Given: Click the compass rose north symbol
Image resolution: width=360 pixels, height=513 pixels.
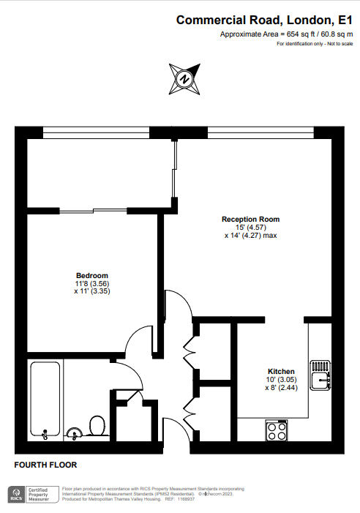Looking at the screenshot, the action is click(184, 79).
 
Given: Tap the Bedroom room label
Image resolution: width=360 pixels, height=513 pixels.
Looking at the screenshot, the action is click(92, 275).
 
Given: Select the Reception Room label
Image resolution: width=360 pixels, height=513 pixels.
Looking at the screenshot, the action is click(250, 220).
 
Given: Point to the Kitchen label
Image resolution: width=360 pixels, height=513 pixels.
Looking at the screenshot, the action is click(281, 371).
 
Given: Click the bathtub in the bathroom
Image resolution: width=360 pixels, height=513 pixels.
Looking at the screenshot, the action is click(45, 400).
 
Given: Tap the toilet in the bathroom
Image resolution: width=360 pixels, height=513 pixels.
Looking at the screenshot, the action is click(97, 426).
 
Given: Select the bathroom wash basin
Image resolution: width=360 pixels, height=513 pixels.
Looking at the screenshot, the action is click(75, 433).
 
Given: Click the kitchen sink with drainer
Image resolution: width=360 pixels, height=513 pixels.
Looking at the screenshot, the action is click(320, 375).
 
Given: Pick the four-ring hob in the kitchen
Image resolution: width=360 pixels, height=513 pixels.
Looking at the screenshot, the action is click(277, 430).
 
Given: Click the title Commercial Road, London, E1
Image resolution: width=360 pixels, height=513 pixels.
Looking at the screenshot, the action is click(265, 20).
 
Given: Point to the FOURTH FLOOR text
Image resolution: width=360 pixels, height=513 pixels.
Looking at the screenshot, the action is click(45, 465).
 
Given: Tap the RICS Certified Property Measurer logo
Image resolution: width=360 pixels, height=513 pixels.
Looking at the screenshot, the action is click(34, 495).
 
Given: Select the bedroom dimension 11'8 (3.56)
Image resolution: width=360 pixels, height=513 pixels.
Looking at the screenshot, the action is click(92, 283).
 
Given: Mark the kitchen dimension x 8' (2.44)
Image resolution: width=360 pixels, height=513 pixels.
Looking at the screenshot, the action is click(281, 388).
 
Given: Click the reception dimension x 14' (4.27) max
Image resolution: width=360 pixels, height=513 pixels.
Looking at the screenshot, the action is click(250, 235).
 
